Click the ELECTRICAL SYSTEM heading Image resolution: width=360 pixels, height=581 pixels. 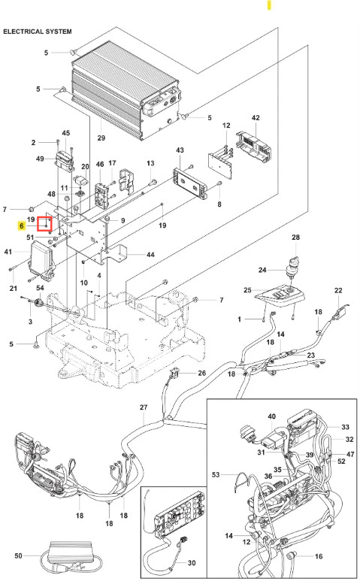pyautogui.click(x=38, y=32)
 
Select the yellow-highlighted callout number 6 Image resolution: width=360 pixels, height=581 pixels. pyautogui.click(x=22, y=225)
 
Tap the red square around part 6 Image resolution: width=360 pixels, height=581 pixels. pyautogui.click(x=45, y=224)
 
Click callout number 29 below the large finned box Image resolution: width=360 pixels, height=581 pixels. pyautogui.click(x=101, y=138)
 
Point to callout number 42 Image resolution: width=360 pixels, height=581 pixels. pyautogui.click(x=256, y=118)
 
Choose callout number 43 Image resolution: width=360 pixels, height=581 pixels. pyautogui.click(x=180, y=150)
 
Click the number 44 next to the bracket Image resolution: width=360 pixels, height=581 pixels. pyautogui.click(x=150, y=255)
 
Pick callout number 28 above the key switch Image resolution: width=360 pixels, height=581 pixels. pyautogui.click(x=295, y=238)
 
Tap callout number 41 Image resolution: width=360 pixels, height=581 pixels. pyautogui.click(x=8, y=252)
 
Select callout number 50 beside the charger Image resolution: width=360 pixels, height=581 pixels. pyautogui.click(x=19, y=555)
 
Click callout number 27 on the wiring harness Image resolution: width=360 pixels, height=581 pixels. pyautogui.click(x=144, y=407)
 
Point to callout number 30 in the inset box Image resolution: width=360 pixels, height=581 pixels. pyautogui.click(x=192, y=563)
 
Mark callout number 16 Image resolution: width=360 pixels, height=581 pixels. pyautogui.click(x=319, y=556)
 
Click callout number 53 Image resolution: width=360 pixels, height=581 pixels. pyautogui.click(x=216, y=474)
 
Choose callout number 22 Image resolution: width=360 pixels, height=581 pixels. pyautogui.click(x=338, y=290)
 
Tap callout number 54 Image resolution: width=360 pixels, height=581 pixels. pyautogui.click(x=40, y=288)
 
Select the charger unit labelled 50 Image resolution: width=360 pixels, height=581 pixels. pyautogui.click(x=71, y=554)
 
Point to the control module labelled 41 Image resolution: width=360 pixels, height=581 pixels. pyautogui.click(x=41, y=259)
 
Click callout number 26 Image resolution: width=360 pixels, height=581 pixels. pyautogui.click(x=201, y=373)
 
